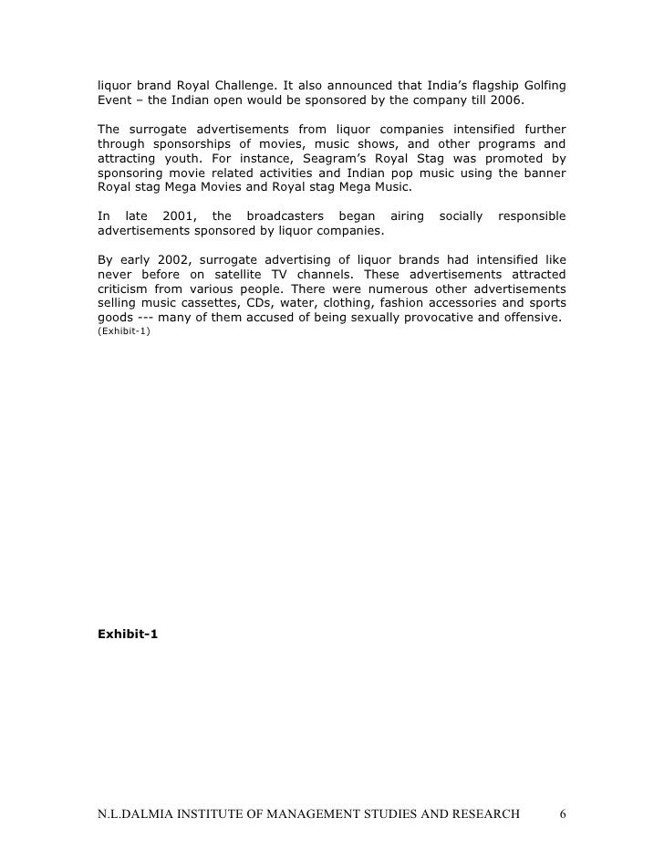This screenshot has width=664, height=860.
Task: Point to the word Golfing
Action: [544, 86]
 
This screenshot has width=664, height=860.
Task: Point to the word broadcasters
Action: [285, 216]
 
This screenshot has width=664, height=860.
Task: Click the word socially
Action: [461, 216]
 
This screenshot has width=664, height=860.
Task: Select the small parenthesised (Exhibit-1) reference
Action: [124, 331]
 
